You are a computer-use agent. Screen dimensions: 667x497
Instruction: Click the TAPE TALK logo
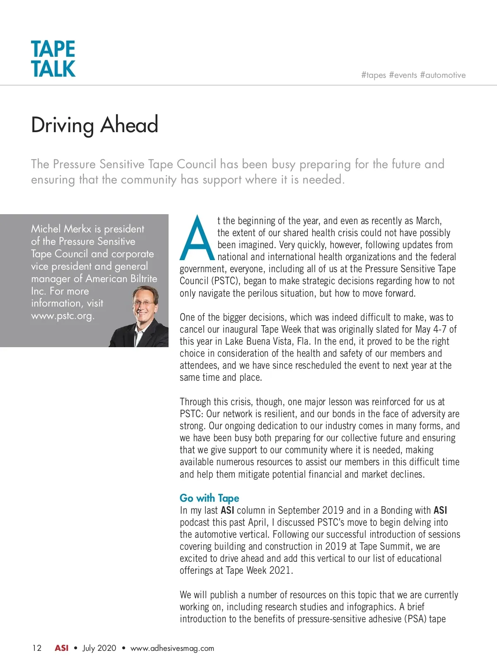[53, 59]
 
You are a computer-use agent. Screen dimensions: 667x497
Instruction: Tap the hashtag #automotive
[443, 75]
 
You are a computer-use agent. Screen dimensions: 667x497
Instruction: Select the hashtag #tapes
[374, 75]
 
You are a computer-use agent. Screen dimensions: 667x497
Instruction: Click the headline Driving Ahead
[94, 125]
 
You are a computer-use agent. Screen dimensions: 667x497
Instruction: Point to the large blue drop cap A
[197, 238]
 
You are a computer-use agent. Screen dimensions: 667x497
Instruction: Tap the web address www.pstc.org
[63, 316]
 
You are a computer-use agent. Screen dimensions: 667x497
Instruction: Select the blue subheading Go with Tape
[209, 498]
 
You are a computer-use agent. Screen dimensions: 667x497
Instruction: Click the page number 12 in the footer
[37, 648]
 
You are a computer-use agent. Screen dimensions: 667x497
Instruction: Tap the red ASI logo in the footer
[62, 648]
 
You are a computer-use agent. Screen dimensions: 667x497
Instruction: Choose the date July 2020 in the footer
[99, 648]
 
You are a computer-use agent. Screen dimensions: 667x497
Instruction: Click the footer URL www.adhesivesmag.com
[172, 648]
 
